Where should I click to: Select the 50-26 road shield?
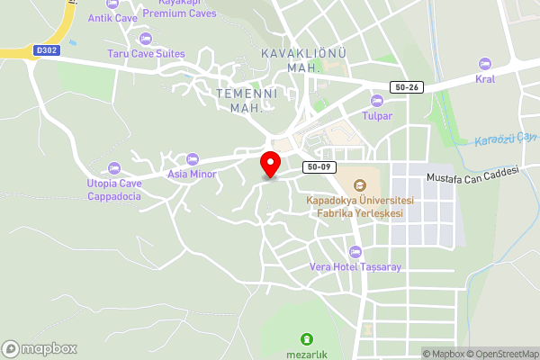407,86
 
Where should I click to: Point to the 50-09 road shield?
320,166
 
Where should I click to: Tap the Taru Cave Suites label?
146,54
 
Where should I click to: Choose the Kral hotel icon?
485,64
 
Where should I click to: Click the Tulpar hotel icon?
377,100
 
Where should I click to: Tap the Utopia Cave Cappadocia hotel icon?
113,168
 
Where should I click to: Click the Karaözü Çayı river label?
507,138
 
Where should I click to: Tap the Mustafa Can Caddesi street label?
473,177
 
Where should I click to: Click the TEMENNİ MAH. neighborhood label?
246,100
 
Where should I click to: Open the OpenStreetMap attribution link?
499,353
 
